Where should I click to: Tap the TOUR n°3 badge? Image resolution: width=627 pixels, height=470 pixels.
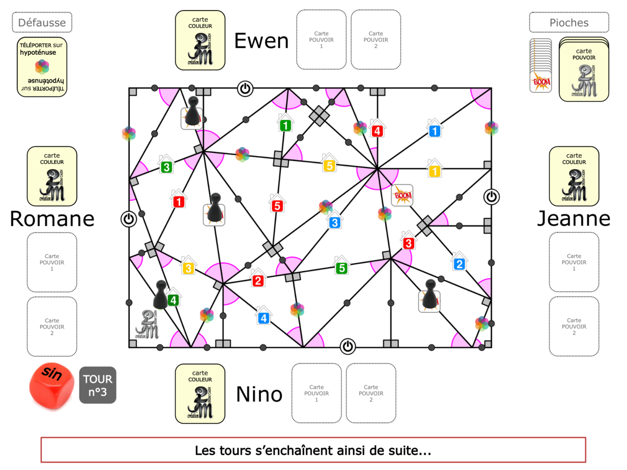[98, 385]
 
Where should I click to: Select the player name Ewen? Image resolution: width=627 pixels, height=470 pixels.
[261, 41]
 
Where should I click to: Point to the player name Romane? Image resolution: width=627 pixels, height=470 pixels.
[52, 219]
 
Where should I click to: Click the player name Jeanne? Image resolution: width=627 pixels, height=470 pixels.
[574, 219]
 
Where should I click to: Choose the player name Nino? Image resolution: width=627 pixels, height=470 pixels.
[259, 394]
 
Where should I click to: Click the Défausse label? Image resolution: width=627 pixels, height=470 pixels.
[42, 22]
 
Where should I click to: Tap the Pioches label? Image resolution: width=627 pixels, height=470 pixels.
[569, 22]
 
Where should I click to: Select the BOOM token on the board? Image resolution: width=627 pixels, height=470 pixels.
[402, 195]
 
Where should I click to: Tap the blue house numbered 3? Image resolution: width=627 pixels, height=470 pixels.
[335, 221]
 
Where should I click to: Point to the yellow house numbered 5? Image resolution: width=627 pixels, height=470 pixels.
[329, 165]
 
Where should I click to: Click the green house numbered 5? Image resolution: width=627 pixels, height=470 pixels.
[341, 267]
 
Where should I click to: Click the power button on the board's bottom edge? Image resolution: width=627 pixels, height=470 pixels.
[348, 346]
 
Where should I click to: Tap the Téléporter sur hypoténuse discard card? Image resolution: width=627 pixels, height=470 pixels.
[42, 67]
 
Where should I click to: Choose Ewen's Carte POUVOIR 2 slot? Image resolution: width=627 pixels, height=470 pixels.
[376, 40]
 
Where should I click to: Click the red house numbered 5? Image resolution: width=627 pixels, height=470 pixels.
[277, 205]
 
